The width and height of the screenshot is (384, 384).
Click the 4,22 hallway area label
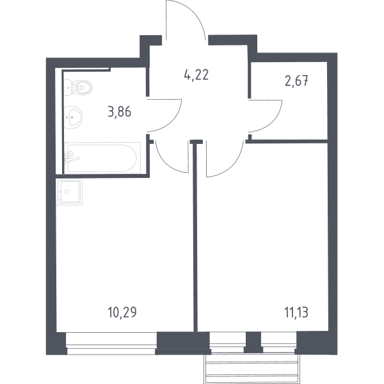196,75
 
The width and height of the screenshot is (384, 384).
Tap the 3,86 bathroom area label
120,112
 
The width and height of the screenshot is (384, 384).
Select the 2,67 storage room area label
296,81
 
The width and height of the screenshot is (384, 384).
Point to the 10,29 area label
122,312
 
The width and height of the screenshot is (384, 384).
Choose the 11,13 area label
296,312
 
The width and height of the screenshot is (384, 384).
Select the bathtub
102,158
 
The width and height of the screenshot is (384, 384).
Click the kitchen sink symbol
69,192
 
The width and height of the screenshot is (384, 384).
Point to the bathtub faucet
70,156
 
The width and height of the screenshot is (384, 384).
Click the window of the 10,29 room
111,343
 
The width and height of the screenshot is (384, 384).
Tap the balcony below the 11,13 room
252,368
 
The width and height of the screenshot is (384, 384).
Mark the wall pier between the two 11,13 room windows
253,342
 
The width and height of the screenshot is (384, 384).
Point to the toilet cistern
69,88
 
